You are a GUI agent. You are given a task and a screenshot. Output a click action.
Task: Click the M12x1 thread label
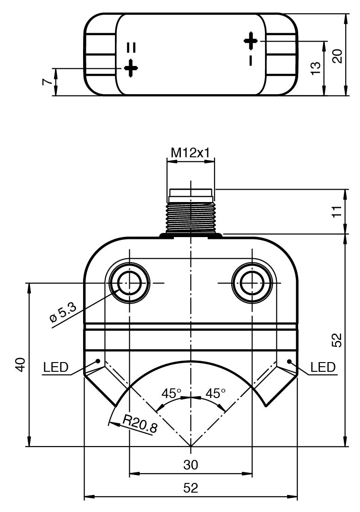point(191,152)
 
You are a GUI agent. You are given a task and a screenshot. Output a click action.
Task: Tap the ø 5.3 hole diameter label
point(63,312)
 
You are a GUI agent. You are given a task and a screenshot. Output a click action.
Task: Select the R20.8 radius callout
point(140,423)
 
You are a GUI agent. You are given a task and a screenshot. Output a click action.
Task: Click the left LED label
point(55,368)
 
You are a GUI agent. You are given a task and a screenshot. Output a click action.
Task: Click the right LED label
point(323,368)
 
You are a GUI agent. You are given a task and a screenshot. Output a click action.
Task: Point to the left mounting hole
point(130,282)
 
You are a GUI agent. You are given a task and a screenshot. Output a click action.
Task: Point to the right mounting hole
point(252,282)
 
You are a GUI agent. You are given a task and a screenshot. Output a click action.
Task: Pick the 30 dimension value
point(191,465)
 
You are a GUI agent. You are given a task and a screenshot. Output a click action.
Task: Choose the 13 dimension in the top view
point(316,68)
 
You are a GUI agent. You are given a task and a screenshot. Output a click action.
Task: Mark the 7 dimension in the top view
point(46,82)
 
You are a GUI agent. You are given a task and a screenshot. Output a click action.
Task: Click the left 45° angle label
point(172,393)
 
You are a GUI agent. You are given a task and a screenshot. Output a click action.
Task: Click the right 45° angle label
point(216,393)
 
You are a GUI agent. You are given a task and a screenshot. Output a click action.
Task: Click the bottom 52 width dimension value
point(191,488)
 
